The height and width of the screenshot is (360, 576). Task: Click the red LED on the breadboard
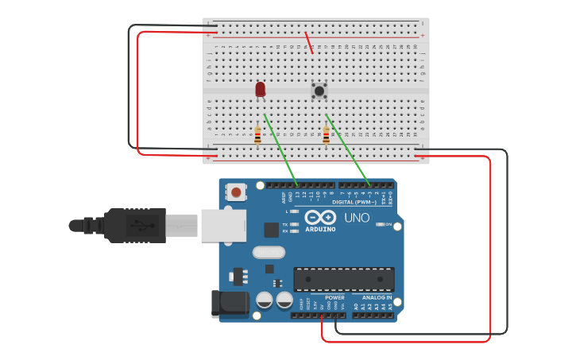(x=261, y=89)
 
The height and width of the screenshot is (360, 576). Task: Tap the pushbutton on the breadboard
(x=319, y=91)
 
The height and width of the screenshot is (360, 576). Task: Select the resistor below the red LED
(x=257, y=136)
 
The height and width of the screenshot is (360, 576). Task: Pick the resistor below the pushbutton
(x=326, y=136)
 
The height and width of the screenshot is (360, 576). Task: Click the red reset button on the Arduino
(x=237, y=192)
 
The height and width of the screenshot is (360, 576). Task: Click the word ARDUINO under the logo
(x=320, y=230)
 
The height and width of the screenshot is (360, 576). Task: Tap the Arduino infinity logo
(x=320, y=217)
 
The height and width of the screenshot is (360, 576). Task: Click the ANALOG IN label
(x=377, y=297)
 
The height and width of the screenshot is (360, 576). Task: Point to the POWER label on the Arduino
(x=334, y=297)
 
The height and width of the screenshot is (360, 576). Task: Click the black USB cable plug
(x=135, y=225)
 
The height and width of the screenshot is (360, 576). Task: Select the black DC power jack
(x=225, y=304)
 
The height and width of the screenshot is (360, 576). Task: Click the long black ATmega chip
(x=344, y=279)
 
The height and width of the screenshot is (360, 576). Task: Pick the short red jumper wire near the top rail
(x=310, y=43)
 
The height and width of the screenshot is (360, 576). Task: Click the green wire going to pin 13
(x=280, y=149)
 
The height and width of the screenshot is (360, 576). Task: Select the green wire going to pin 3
(x=347, y=149)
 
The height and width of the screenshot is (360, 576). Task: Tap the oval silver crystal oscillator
(x=268, y=253)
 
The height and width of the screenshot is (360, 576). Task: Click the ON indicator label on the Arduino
(x=389, y=225)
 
